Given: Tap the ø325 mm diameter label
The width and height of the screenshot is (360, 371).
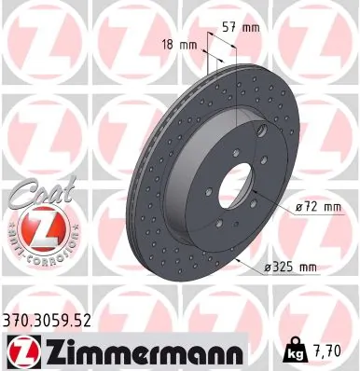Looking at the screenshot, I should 290,268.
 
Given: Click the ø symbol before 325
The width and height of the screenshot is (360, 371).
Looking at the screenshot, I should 268,268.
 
